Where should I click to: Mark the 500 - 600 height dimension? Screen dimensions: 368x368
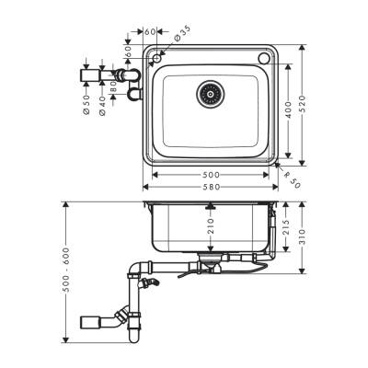tap(66, 269)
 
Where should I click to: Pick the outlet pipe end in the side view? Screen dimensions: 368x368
tap(89, 321)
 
